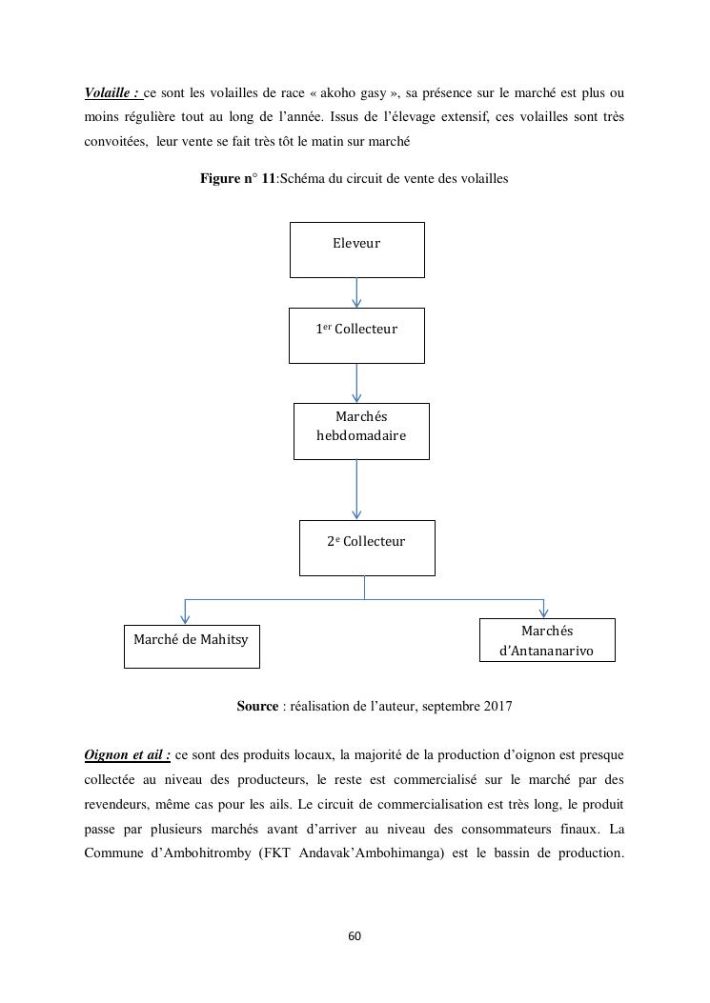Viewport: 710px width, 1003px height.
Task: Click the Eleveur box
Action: (356, 250)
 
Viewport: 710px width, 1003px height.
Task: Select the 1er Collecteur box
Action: (356, 335)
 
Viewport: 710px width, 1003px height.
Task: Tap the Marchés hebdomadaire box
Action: (361, 431)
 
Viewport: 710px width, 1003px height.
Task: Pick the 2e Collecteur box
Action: (367, 548)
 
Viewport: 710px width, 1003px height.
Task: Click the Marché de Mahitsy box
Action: (192, 646)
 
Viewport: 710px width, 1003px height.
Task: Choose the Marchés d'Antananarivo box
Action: (547, 640)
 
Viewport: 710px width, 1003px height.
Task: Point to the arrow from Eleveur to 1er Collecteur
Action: (356, 292)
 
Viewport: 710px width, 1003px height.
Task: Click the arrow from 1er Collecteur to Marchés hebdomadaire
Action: (356, 383)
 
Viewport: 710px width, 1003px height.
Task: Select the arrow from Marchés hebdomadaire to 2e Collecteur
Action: (356, 490)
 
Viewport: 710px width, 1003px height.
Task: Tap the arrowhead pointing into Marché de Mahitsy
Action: (185, 618)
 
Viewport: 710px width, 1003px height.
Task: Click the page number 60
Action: (355, 936)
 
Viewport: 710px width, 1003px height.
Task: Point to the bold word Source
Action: (257, 707)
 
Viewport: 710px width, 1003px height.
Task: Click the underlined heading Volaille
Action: (112, 93)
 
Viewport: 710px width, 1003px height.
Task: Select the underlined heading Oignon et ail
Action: (127, 755)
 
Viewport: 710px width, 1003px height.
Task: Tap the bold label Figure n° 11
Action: (237, 179)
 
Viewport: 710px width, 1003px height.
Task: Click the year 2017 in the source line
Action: (497, 707)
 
